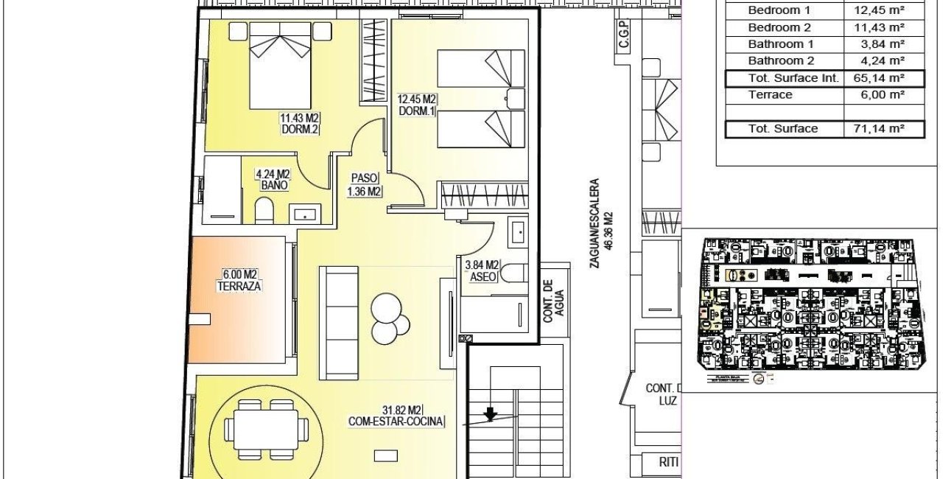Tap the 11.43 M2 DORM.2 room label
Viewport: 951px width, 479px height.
click(300, 123)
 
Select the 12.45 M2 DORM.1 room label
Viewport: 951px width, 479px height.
click(417, 105)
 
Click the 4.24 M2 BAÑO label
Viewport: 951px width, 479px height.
click(273, 180)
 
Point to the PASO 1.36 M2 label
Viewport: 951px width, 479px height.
click(363, 185)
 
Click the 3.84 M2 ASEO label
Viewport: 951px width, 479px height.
click(482, 270)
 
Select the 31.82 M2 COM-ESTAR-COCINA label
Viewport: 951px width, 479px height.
click(397, 416)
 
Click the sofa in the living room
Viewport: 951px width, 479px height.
click(339, 323)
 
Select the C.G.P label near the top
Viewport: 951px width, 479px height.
click(623, 36)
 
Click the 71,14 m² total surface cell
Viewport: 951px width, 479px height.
click(884, 129)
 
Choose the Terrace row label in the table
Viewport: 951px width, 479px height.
click(771, 94)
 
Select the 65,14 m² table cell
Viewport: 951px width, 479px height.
click(884, 78)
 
